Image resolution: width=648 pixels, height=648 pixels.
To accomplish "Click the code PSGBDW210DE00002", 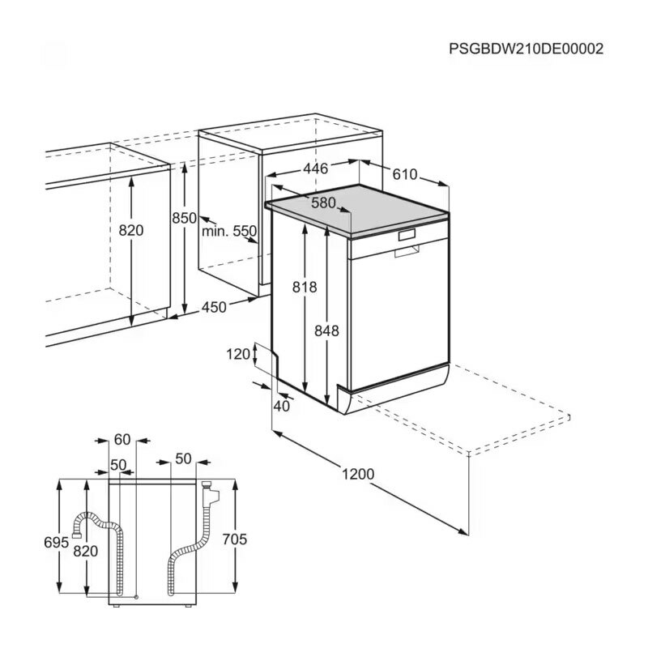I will point(526,49).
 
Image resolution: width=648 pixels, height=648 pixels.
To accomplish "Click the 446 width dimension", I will point(315,168).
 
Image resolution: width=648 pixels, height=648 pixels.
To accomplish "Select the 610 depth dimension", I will point(404,175).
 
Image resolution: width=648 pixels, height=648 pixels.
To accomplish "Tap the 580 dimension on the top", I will point(323,203).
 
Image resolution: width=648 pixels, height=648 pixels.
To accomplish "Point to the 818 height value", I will point(305,287).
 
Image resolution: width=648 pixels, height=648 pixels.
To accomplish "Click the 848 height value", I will point(327,330).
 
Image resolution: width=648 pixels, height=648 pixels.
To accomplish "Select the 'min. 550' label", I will point(229,231).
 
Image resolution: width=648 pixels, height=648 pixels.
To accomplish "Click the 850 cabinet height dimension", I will point(185,217).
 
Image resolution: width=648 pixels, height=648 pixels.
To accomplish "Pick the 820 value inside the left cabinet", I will point(130,230).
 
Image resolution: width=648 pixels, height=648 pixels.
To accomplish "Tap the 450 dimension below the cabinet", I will point(214,306).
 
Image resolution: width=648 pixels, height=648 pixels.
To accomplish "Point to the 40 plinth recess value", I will point(281,406).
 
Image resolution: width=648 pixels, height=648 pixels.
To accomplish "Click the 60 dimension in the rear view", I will point(122,439).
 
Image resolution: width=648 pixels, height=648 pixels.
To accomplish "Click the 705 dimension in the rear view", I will point(234,539).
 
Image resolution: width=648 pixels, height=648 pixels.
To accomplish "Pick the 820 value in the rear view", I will point(86,551).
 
